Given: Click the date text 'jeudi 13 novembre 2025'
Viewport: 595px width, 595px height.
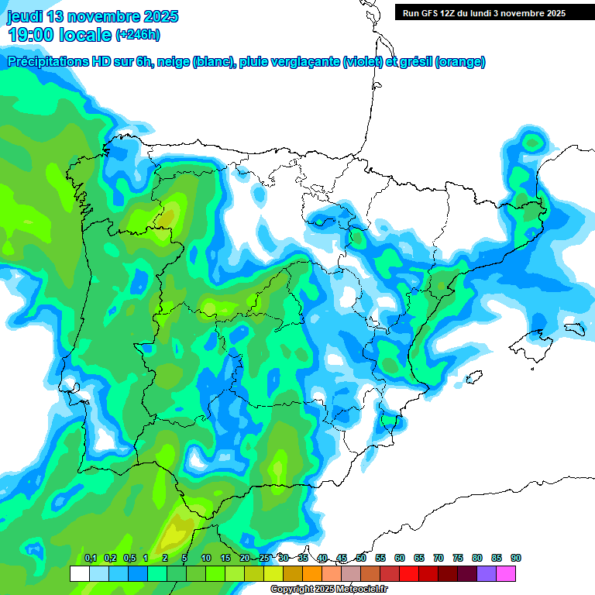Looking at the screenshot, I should (x=92, y=16).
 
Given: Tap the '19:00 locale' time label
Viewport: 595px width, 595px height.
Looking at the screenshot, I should (x=60, y=34).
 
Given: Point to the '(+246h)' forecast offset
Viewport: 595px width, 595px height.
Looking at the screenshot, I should (x=138, y=34).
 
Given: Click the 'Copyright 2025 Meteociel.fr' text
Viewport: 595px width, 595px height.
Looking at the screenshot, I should (x=328, y=590).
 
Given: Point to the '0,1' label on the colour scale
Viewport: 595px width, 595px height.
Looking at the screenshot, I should (x=91, y=558).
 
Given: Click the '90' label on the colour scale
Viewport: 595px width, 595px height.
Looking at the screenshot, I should (x=516, y=558).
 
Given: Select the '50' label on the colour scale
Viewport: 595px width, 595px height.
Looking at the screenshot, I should (x=361, y=558).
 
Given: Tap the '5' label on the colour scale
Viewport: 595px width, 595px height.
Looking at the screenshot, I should (x=184, y=558).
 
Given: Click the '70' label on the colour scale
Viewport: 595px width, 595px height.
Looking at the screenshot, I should (x=439, y=558).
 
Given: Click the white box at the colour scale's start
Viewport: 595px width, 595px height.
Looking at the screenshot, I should (x=79, y=573).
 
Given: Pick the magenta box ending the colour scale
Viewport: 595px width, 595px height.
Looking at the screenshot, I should (x=506, y=573).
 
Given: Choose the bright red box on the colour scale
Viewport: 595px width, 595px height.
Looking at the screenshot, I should (x=409, y=573).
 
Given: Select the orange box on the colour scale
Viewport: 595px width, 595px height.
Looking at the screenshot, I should (x=312, y=573).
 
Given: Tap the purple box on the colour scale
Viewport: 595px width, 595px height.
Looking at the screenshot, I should (x=487, y=573).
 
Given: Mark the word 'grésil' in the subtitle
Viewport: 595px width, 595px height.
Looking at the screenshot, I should (x=415, y=62).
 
